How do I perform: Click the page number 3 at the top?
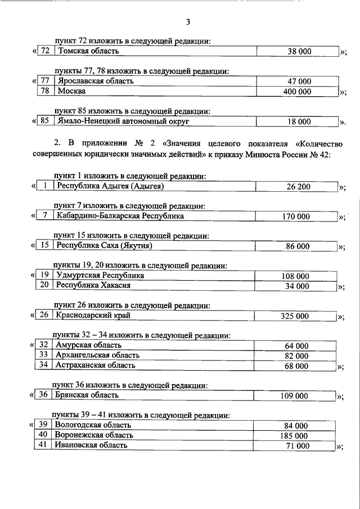pyautogui.click(x=188, y=22)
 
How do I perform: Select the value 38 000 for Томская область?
pyautogui.click(x=299, y=52)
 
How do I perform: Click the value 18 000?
pyautogui.click(x=299, y=121)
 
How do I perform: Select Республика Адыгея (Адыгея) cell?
pyautogui.click(x=112, y=186)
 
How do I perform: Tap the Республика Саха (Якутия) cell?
pyautogui.click(x=105, y=246)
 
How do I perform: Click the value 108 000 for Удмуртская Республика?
pyautogui.click(x=295, y=276)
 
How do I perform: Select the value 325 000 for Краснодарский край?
pyautogui.click(x=295, y=316)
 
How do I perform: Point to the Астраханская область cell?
pyautogui.click(x=96, y=366)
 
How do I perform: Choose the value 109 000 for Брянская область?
pyautogui.click(x=295, y=395)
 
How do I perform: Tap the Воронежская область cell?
pyautogui.click(x=94, y=435)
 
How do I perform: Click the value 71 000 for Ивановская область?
pyautogui.click(x=299, y=445)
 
